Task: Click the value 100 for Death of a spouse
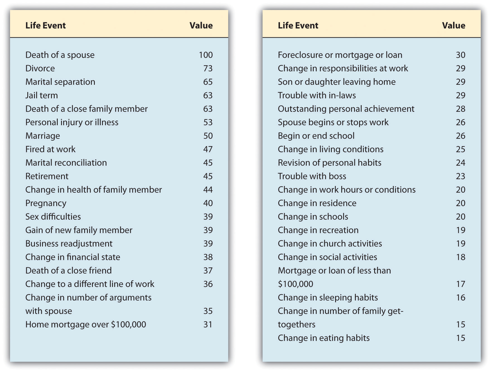click(x=205, y=55)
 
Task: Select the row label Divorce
click(x=40, y=68)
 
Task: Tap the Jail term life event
click(x=42, y=95)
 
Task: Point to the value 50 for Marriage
click(x=208, y=136)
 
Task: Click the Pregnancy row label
click(x=46, y=203)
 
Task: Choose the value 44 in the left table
click(x=208, y=190)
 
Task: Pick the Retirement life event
click(x=47, y=176)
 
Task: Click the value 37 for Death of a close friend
click(x=208, y=270)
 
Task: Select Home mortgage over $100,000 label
click(x=86, y=325)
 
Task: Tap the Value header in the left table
click(x=201, y=25)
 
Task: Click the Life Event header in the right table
click(x=298, y=25)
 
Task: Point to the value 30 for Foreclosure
click(x=460, y=55)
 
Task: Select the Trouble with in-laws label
click(x=317, y=95)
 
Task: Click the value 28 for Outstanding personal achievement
click(x=460, y=109)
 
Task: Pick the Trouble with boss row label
click(x=312, y=176)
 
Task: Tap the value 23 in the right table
click(x=460, y=176)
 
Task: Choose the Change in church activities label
click(x=330, y=244)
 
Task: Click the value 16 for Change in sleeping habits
click(x=460, y=298)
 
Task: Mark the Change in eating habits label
click(x=324, y=338)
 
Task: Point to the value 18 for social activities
click(x=460, y=257)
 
